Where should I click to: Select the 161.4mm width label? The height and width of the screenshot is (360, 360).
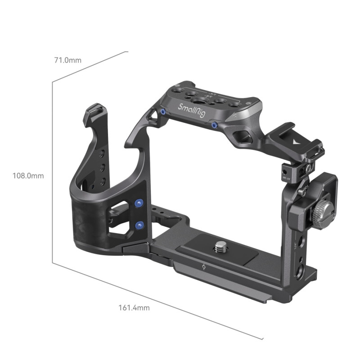coord(134,308)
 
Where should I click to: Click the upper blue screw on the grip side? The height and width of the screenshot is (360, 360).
coord(139,204)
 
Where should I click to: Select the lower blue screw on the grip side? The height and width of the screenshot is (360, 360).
coord(139,225)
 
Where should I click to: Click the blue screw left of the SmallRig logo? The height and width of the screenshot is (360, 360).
coord(162,111)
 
